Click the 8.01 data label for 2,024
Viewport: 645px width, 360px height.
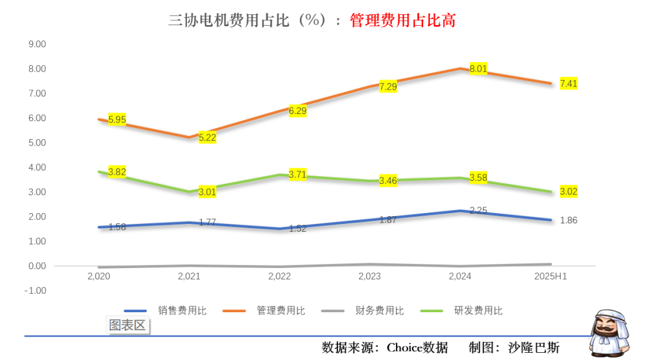tap(478, 69)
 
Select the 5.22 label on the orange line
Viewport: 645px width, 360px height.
tap(207, 138)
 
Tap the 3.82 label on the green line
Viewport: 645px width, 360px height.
tap(117, 171)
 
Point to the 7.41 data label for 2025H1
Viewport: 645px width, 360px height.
tap(569, 84)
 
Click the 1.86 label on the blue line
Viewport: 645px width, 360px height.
tap(569, 220)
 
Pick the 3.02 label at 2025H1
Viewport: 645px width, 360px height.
tap(569, 192)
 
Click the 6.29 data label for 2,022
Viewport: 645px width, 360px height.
tap(297, 110)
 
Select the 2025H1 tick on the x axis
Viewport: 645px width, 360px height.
tap(550, 276)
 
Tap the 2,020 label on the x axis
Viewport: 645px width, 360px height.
tap(99, 276)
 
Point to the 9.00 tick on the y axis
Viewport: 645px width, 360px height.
tap(37, 44)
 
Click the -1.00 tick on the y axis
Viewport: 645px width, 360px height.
tap(36, 291)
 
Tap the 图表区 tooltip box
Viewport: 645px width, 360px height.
tap(127, 325)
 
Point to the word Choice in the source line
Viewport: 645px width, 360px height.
tap(406, 347)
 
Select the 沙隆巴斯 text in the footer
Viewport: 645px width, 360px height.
tap(534, 347)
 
